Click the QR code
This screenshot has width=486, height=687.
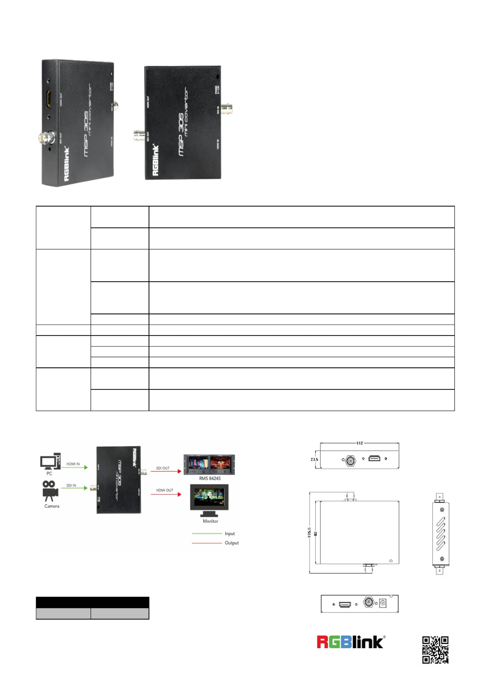pyautogui.click(x=435, y=650)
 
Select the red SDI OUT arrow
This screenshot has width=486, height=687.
pyautogui.click(x=166, y=471)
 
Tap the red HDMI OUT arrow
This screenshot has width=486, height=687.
pyautogui.click(x=166, y=494)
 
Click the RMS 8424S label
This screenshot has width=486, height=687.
pyautogui.click(x=210, y=478)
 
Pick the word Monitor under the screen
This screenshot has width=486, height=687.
pyautogui.click(x=210, y=521)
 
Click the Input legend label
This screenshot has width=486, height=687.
pyautogui.click(x=230, y=533)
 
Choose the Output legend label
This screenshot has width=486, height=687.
pyautogui.click(x=232, y=543)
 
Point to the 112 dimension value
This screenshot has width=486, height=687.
pyautogui.click(x=360, y=443)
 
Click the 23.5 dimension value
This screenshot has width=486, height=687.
pyautogui.click(x=314, y=459)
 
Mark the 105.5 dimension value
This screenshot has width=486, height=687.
pyautogui.click(x=309, y=532)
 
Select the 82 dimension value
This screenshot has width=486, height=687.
pyautogui.click(x=315, y=534)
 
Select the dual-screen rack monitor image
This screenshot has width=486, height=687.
pyautogui.click(x=209, y=465)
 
